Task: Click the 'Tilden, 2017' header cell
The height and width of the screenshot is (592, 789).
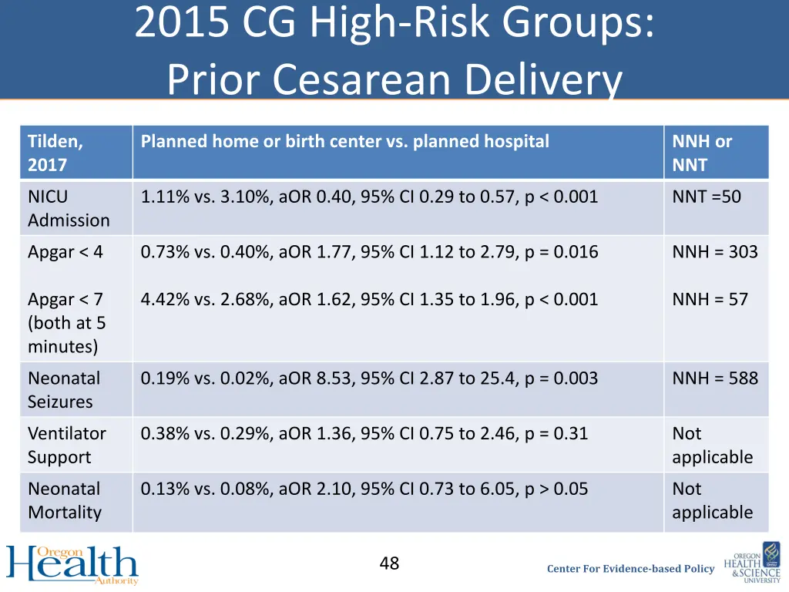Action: pyautogui.click(x=56, y=153)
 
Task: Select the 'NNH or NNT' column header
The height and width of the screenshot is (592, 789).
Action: pyautogui.click(x=702, y=153)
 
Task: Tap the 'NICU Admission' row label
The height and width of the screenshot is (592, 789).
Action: pyautogui.click(x=69, y=208)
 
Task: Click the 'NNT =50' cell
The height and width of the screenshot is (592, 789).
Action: pyautogui.click(x=707, y=197)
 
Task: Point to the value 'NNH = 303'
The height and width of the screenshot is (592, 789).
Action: pyautogui.click(x=714, y=252)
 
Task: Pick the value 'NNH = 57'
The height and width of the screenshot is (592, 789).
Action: pyautogui.click(x=710, y=299)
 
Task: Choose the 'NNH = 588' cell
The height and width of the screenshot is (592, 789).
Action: pyautogui.click(x=714, y=378)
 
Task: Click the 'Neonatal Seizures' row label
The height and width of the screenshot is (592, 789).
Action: pyautogui.click(x=64, y=390)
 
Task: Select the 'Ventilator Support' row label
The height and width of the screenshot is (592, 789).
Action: pyautogui.click(x=66, y=445)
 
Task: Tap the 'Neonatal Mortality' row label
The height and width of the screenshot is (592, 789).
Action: pyautogui.click(x=64, y=500)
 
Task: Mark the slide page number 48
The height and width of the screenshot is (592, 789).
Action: pyautogui.click(x=389, y=563)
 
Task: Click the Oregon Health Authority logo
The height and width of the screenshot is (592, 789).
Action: pyautogui.click(x=72, y=565)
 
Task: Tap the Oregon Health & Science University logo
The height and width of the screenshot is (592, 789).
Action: pyautogui.click(x=752, y=565)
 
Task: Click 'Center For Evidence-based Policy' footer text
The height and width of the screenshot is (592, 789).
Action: pyautogui.click(x=630, y=569)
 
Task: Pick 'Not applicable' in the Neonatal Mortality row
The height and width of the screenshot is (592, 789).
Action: pyautogui.click(x=712, y=500)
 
